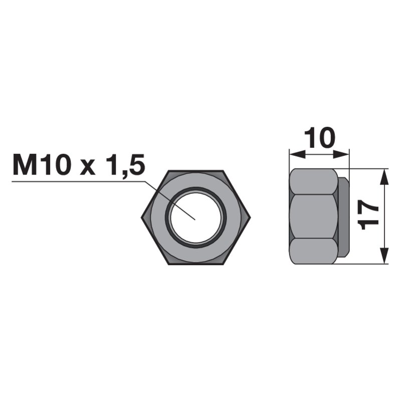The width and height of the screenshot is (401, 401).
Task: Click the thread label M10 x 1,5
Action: point(79,165)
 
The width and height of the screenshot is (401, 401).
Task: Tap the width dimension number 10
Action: point(320,138)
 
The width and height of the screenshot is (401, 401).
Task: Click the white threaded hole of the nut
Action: point(195,218)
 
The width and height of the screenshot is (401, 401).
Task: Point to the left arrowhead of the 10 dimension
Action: point(297,154)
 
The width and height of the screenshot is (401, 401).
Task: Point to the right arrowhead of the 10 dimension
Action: point(341,154)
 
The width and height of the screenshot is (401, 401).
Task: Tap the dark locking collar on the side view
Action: point(343,217)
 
